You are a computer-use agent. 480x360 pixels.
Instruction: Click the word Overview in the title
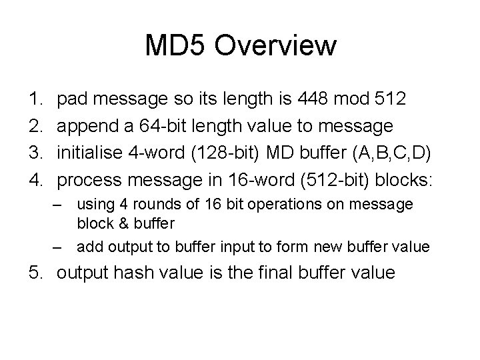point(277,47)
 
